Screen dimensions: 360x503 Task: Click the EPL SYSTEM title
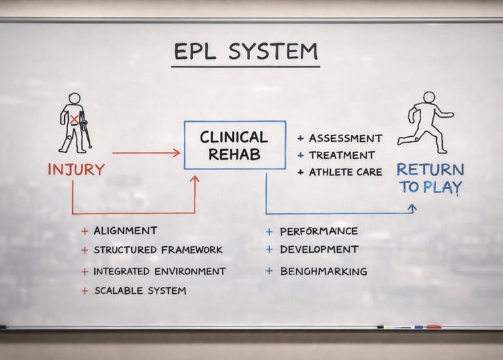[x=246, y=52]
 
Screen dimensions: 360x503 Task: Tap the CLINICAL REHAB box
[x=234, y=145]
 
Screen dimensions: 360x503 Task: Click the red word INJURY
[x=76, y=170]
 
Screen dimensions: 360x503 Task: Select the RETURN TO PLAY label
[x=430, y=178]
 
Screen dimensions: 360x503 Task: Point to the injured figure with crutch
[x=75, y=123]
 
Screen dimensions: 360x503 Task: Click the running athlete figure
[x=427, y=122]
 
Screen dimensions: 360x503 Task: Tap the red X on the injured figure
[x=75, y=119]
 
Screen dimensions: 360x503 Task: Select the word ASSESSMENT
[x=345, y=139]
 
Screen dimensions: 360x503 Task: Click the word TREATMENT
[x=342, y=156]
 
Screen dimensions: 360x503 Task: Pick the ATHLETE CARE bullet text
[x=345, y=173]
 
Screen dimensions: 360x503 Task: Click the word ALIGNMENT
[x=125, y=230]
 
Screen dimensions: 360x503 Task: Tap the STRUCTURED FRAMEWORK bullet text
[x=158, y=250]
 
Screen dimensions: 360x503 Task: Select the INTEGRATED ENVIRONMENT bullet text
[x=159, y=271]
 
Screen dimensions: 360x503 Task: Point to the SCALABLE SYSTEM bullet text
[x=140, y=291]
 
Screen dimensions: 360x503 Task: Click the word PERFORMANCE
[x=318, y=231]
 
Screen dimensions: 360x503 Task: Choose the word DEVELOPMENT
[x=319, y=249]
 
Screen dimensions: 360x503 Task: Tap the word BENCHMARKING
[x=323, y=271]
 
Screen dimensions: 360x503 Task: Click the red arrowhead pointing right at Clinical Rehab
[x=176, y=153]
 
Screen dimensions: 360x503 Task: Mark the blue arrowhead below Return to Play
[x=412, y=207]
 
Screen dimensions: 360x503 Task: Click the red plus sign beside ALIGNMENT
[x=84, y=231]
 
